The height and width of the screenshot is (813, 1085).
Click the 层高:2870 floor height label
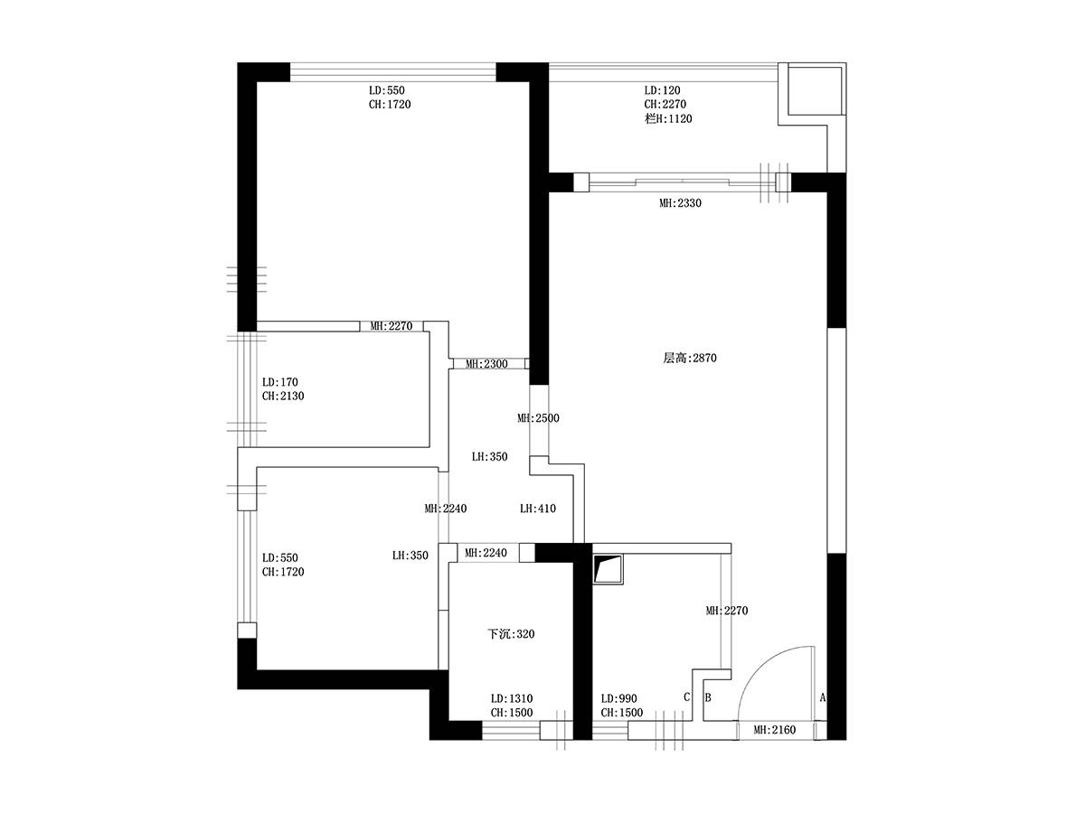click(x=690, y=358)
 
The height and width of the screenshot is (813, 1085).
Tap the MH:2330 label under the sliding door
click(x=680, y=203)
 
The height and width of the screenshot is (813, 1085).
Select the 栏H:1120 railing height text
click(x=668, y=118)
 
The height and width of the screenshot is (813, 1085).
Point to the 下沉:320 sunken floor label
click(x=511, y=634)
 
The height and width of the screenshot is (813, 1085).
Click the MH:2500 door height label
click(x=538, y=418)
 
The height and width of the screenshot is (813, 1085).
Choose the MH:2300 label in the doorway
click(x=486, y=364)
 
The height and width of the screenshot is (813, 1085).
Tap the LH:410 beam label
click(x=538, y=508)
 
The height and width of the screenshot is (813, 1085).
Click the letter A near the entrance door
click(x=823, y=697)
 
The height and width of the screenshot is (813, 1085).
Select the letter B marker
click(x=708, y=697)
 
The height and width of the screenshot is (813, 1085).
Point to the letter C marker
click(x=686, y=697)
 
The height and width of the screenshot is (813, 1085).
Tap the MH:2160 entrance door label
click(x=775, y=730)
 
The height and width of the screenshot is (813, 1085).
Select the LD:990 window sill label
click(x=618, y=698)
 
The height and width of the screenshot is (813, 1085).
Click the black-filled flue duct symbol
click(x=608, y=569)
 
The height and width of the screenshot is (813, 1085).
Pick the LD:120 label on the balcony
click(x=663, y=90)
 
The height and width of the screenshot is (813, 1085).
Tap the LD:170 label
click(x=280, y=382)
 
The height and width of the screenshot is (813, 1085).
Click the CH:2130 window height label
click(x=283, y=396)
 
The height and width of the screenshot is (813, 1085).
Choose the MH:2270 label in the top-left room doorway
click(x=391, y=326)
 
